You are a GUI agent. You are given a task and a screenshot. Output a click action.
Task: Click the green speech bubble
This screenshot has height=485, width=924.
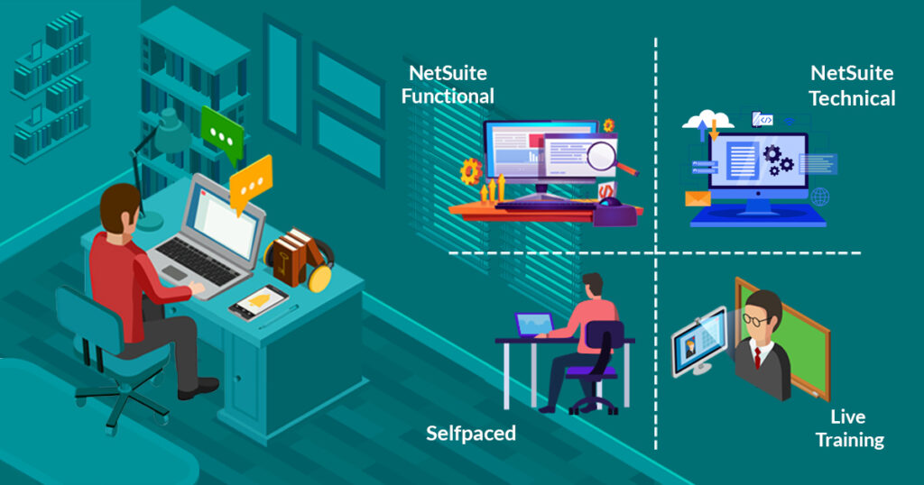221,132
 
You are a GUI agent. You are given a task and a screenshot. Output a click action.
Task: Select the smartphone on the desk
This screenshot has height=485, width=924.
258,302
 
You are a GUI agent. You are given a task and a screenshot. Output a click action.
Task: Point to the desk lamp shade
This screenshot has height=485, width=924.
171,134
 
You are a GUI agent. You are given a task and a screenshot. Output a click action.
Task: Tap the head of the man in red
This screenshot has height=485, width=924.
120,208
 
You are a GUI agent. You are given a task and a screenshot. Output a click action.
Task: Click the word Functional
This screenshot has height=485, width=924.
448,96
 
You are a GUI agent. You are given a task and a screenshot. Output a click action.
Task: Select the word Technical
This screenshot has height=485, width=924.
852,97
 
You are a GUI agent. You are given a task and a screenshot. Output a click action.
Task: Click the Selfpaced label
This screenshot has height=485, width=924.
471,434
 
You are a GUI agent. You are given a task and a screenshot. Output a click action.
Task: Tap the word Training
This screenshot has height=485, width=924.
850,440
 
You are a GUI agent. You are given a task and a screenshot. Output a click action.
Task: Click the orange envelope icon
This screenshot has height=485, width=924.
698,198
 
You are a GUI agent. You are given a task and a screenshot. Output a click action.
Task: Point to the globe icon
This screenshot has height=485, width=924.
819,197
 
